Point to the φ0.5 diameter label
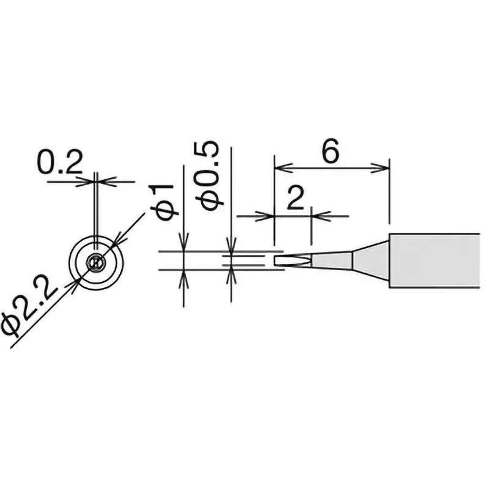point(210,176)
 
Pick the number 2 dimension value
point(295,199)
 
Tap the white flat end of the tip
point(281,262)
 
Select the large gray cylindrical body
point(434,260)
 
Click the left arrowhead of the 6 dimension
point(279,166)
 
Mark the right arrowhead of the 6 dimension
point(384,166)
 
